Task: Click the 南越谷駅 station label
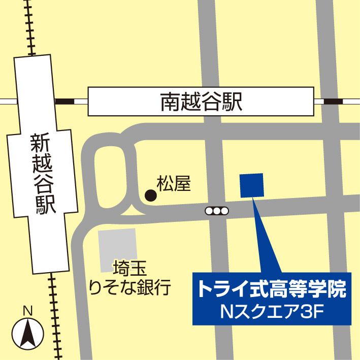tap(201, 102)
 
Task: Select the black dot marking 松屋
tap(150, 194)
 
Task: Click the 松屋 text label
tap(174, 183)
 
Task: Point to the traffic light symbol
tap(217, 210)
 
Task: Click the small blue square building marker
tap(251, 185)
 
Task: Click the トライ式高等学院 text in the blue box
tap(272, 290)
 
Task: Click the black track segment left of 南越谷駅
tap(64, 102)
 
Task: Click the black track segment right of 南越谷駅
tap(333, 102)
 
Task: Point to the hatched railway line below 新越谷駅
tap(55, 315)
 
